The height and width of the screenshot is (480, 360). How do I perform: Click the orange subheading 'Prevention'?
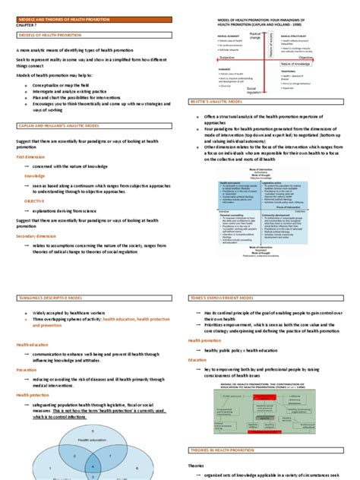click(27, 369)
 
